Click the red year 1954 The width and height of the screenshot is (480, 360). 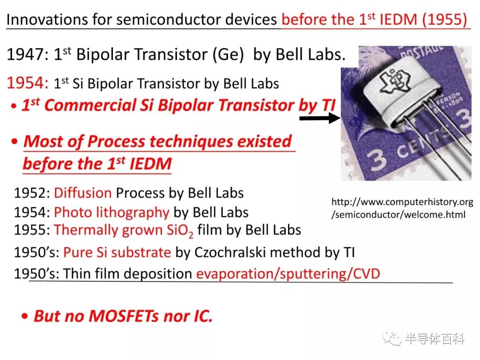pyautogui.click(x=27, y=83)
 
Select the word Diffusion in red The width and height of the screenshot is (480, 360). pyautogui.click(x=83, y=193)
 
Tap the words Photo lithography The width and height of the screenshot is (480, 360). pyautogui.click(x=112, y=212)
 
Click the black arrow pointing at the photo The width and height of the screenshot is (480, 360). pyautogui.click(x=320, y=118)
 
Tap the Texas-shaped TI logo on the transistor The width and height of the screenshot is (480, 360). pyautogui.click(x=394, y=80)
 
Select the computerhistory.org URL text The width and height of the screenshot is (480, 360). pyautogui.click(x=402, y=208)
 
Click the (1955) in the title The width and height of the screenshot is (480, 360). pyautogui.click(x=444, y=19)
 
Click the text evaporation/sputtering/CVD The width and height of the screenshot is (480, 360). pyautogui.click(x=288, y=274)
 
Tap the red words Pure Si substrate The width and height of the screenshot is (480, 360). pyautogui.click(x=117, y=252)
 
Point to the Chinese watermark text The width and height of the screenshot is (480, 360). pyautogui.click(x=435, y=339)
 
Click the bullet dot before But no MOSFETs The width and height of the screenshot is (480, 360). pyautogui.click(x=25, y=316)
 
